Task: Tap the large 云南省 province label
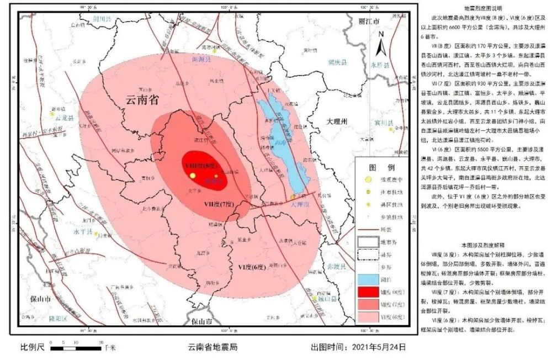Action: point(142,100)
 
